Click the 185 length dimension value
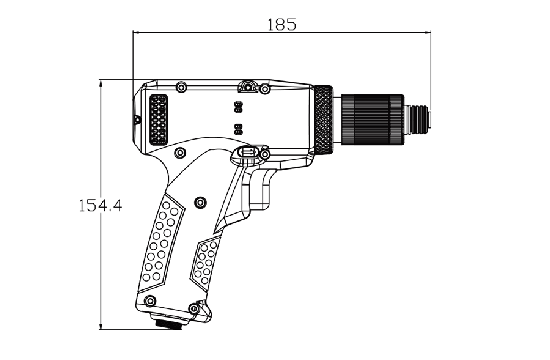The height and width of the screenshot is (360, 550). pos(281,25)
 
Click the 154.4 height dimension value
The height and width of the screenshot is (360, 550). pos(100,206)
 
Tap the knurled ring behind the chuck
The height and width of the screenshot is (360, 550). pos(324,119)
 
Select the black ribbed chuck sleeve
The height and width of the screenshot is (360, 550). pos(372,119)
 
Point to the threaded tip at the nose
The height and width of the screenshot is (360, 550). pos(418,119)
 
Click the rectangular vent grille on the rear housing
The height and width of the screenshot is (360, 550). pos(158,120)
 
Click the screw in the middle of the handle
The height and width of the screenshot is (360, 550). pos(200,202)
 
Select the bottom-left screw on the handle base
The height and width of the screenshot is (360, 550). pos(150,301)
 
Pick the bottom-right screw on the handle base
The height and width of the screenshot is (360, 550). pos(194,308)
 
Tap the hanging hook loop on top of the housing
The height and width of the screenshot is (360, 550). pos(248,86)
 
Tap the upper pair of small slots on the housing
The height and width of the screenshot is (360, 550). pos(238,107)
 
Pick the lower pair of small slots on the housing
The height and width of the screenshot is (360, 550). pos(238,129)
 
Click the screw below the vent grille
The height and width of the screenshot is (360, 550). pos(180,153)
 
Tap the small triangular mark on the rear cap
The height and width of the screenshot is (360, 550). pos(137,120)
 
